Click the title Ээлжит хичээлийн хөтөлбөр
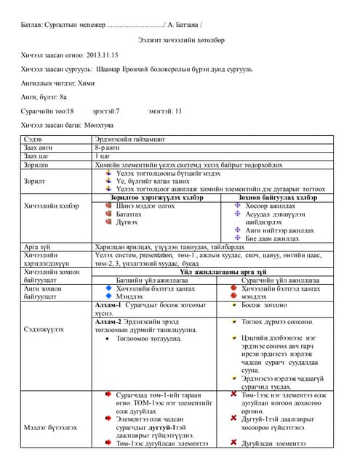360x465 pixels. pos(179,43)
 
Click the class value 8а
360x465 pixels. pos(63,97)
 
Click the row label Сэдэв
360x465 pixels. pos(33,137)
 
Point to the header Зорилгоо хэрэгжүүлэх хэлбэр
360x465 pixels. pos(156,197)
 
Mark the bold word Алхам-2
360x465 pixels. pos(113,320)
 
